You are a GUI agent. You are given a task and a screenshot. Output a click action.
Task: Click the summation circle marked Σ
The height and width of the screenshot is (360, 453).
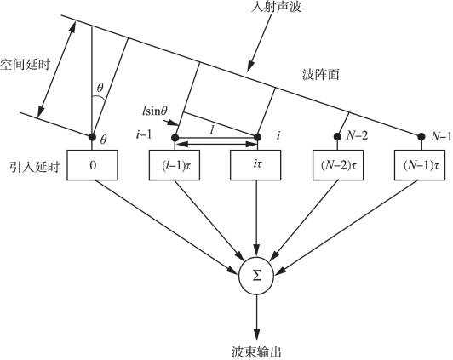click(256, 277)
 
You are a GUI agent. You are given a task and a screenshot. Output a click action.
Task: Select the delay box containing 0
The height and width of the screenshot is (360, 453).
click(93, 165)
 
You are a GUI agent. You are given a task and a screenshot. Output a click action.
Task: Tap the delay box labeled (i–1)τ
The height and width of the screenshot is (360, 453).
click(175, 165)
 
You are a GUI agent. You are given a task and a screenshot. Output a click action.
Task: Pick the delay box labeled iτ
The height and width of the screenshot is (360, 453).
click(255, 165)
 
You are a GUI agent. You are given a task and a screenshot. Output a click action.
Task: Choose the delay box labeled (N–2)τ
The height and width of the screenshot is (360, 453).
click(338, 165)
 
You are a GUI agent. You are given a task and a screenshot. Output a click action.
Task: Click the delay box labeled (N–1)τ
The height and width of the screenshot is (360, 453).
click(420, 165)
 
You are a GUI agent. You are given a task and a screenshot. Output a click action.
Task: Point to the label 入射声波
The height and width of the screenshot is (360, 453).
click(276, 6)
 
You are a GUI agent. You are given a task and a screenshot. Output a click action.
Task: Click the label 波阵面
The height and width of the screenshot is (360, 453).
click(320, 75)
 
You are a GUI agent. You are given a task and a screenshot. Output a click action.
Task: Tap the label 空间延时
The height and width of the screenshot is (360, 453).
click(26, 65)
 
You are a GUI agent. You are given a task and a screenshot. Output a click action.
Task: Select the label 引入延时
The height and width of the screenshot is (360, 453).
click(34, 167)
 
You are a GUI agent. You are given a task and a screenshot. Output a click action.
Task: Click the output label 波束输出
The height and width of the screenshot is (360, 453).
click(256, 352)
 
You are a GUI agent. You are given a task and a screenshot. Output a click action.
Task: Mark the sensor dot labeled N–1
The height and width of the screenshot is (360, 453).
click(421, 136)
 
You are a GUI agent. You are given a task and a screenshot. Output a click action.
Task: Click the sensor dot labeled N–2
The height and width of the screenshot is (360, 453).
click(337, 136)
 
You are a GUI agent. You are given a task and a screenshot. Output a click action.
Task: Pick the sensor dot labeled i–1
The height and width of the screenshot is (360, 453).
click(175, 138)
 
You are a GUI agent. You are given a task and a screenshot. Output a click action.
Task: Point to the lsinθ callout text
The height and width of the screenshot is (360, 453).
click(155, 111)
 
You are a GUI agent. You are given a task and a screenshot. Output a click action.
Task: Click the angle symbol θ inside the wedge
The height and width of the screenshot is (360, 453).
click(100, 88)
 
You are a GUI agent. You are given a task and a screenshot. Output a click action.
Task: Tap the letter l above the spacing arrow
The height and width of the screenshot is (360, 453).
click(212, 131)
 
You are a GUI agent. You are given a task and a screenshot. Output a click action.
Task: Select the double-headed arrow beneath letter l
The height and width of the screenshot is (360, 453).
click(216, 144)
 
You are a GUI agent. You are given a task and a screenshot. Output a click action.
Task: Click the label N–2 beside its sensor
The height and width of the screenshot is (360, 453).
click(357, 135)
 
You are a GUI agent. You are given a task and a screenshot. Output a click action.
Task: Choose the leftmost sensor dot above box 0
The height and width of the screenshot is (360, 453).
click(92, 136)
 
